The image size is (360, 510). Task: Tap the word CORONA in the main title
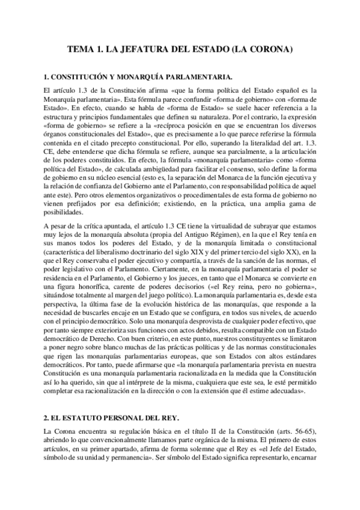(268, 52)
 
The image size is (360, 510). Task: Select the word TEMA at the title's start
(81, 52)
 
